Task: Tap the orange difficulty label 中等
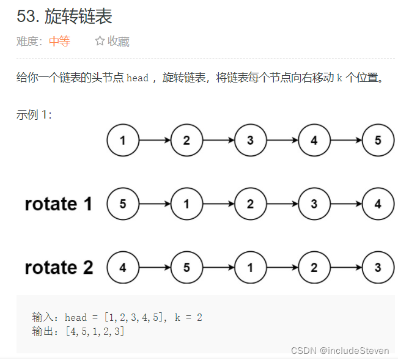[59, 42]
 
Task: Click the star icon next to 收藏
[100, 42]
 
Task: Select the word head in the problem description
[138, 78]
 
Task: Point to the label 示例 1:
[34, 114]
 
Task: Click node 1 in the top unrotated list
[123, 141]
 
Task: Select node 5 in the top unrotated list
[378, 141]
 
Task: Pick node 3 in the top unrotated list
[250, 141]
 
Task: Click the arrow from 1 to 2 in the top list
[155, 141]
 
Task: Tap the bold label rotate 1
[59, 204]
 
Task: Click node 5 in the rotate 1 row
[123, 204]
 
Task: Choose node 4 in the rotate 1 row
[378, 204]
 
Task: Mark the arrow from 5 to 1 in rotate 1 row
[155, 204]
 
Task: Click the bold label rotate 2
[59, 268]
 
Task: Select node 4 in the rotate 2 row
[123, 268]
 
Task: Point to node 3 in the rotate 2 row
[378, 268]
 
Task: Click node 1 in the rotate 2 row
[250, 268]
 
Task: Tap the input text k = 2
[188, 317]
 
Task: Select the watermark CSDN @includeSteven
[340, 350]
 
